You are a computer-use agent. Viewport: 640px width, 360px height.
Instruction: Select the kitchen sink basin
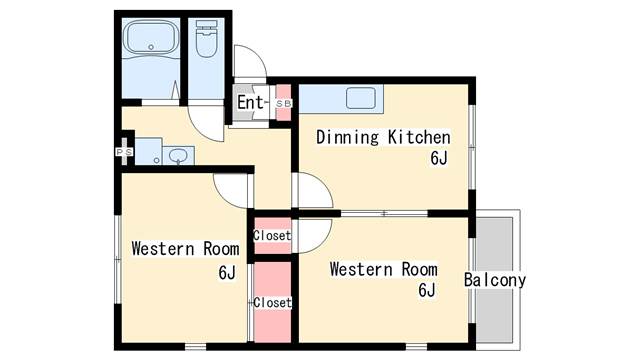point(361,98)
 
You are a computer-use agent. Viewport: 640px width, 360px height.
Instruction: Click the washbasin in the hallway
point(178,156)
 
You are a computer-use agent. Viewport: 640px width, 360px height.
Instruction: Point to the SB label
point(284,104)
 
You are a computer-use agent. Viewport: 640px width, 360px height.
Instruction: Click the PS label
point(124,152)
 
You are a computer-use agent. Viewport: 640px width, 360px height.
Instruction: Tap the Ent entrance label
point(250,102)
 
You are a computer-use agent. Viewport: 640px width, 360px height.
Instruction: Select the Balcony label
point(495,280)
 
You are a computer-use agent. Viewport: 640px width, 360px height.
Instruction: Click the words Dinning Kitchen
point(383,137)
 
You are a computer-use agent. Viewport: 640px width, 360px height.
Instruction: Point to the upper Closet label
point(272,236)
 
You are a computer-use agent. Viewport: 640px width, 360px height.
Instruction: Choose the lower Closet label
point(272,302)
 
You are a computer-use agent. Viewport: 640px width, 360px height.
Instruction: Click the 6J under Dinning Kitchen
point(439,158)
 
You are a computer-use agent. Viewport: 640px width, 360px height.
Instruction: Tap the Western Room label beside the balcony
point(383,269)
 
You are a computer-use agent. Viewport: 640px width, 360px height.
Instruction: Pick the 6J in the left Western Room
point(227,273)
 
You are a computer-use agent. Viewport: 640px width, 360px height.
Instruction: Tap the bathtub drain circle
point(151,47)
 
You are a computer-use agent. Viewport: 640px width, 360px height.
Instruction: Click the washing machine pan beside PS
point(149,152)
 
